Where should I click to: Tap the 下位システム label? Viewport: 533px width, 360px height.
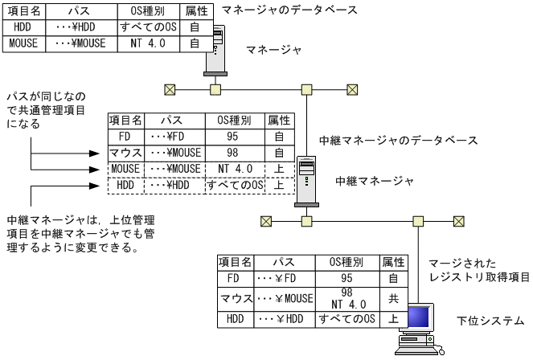tap(494, 320)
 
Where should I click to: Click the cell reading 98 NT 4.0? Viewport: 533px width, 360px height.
tap(346, 298)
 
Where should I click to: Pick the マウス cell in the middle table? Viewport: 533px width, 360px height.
tap(125, 153)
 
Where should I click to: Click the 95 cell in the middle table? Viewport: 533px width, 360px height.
tap(232, 137)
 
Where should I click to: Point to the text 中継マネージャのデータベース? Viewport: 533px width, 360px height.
tap(398, 140)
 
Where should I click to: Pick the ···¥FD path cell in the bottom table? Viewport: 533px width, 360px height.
tap(277, 279)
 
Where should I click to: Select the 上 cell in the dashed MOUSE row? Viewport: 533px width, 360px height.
tap(278, 168)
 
